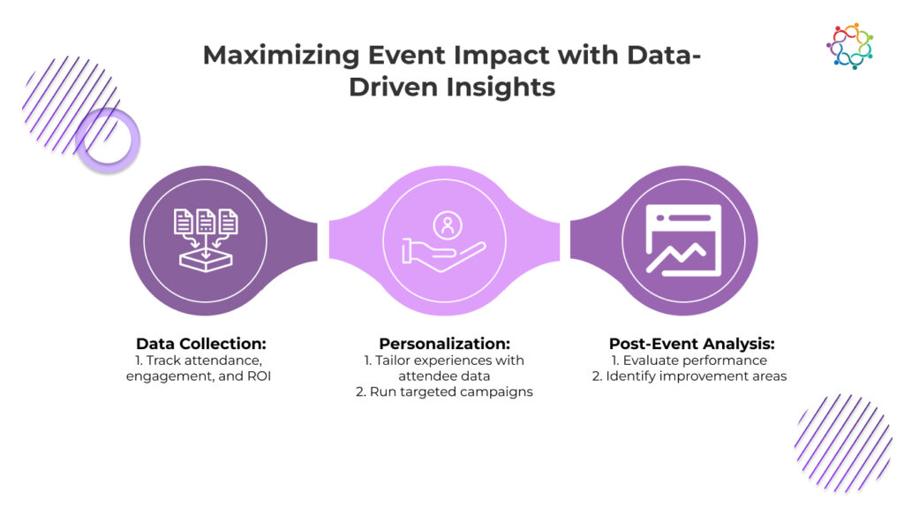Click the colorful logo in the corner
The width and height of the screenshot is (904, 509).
(x=849, y=46)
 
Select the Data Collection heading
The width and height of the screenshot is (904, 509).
(x=202, y=343)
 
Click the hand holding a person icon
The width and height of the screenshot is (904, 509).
(x=442, y=240)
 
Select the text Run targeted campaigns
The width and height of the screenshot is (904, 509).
(x=458, y=391)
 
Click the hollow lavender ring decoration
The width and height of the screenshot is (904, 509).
(x=108, y=140)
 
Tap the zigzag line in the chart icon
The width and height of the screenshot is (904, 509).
(x=674, y=256)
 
